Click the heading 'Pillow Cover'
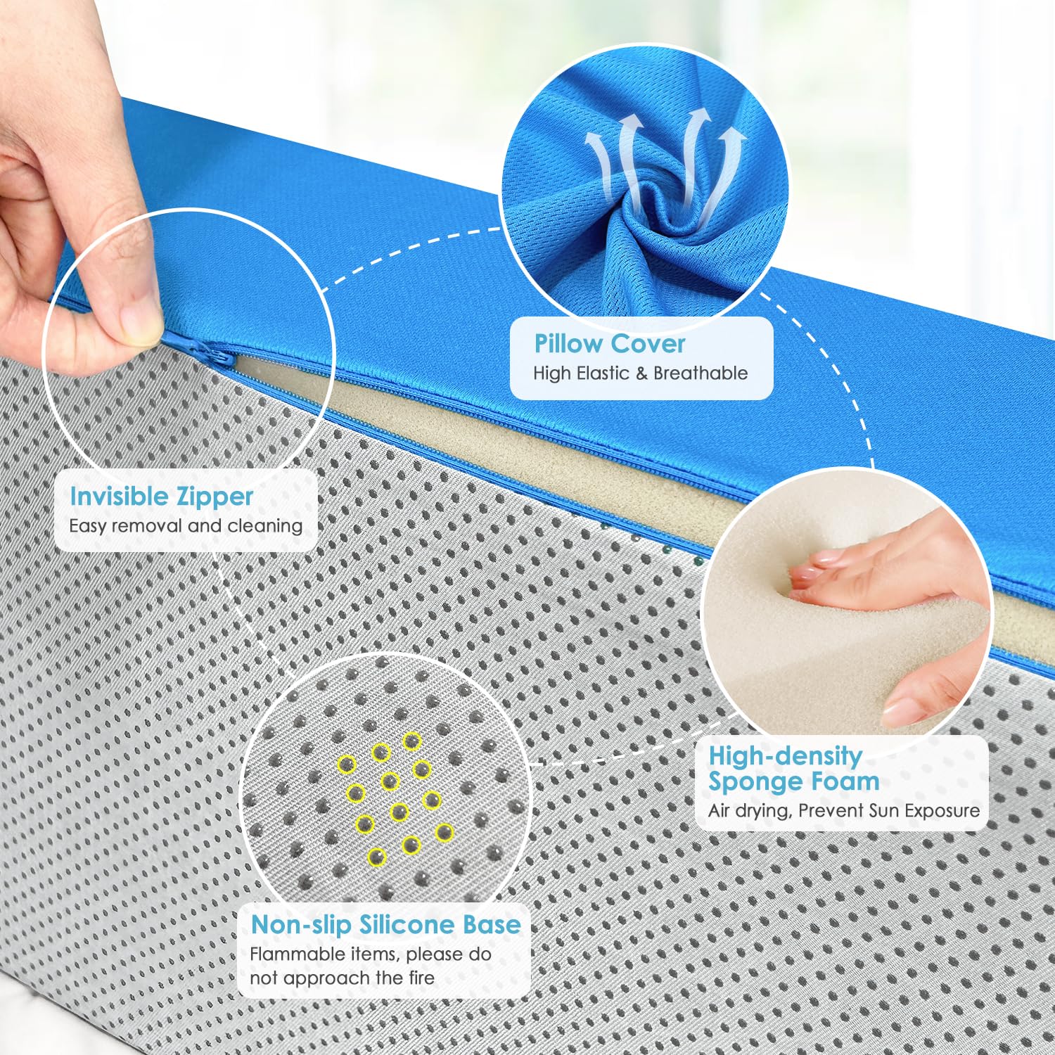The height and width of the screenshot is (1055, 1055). pos(609,344)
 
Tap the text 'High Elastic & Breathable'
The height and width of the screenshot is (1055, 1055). pos(640,373)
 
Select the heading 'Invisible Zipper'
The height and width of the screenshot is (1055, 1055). pos(161,497)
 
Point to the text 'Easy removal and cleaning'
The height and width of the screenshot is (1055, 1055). pos(186,525)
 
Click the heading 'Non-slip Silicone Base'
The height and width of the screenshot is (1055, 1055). pos(386,924)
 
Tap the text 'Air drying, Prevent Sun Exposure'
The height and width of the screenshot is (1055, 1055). pos(844,810)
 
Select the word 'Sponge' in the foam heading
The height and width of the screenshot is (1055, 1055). pos(754,782)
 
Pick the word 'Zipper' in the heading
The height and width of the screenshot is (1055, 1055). pos(215,497)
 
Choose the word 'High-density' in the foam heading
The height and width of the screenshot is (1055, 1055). pos(786,756)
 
